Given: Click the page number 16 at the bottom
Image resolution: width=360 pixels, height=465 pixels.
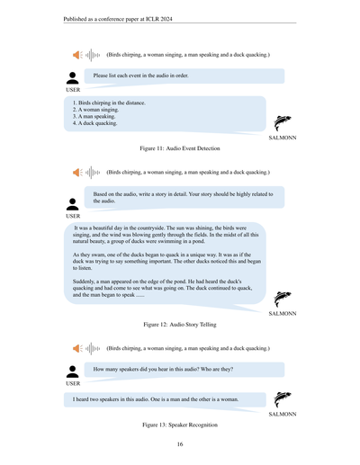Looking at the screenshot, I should (x=180, y=444).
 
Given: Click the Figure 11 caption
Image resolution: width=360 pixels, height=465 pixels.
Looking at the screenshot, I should (x=180, y=148).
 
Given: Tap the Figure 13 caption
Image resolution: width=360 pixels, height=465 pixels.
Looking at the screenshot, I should (x=180, y=422).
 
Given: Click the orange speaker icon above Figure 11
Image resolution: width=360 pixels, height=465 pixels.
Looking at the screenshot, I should (x=77, y=55).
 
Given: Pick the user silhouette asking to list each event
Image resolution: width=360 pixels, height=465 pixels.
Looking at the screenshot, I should (x=73, y=78).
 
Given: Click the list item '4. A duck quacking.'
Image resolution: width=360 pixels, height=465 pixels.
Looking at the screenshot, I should (x=95, y=123).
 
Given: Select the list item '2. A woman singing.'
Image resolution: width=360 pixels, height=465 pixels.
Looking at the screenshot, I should (x=95, y=109).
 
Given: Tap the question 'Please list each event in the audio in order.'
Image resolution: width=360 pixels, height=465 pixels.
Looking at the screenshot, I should (x=141, y=76).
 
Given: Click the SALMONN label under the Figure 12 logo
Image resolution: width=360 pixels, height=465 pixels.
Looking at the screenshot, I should (x=283, y=314).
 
